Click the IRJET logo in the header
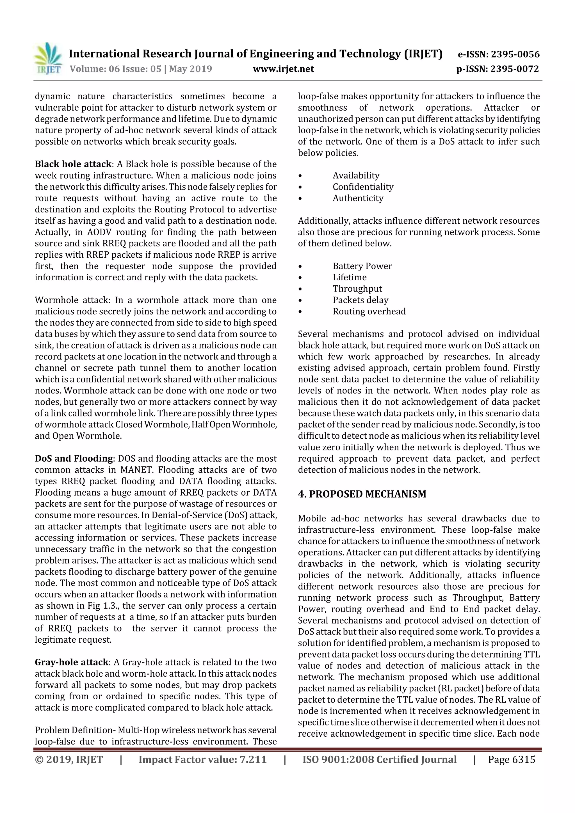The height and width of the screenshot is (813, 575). (x=47, y=58)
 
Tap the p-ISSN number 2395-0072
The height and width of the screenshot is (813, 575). (x=514, y=69)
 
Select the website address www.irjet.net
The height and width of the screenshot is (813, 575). (x=283, y=69)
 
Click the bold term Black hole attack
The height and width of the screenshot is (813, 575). (x=73, y=164)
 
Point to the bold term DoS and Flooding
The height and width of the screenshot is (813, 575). (x=73, y=459)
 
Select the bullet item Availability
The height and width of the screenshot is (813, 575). (x=356, y=176)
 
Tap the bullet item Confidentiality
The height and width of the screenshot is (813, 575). (x=363, y=187)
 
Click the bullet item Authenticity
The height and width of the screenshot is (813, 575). (x=358, y=198)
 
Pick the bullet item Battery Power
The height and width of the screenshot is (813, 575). (x=362, y=266)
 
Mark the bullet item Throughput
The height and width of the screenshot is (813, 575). (x=357, y=289)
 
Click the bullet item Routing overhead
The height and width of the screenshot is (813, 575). (x=369, y=312)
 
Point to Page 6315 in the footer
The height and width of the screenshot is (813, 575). (x=511, y=759)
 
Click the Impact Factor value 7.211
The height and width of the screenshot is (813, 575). (x=202, y=759)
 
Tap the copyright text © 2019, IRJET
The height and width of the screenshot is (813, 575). (x=69, y=759)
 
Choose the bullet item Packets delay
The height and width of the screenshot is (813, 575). (x=360, y=300)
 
